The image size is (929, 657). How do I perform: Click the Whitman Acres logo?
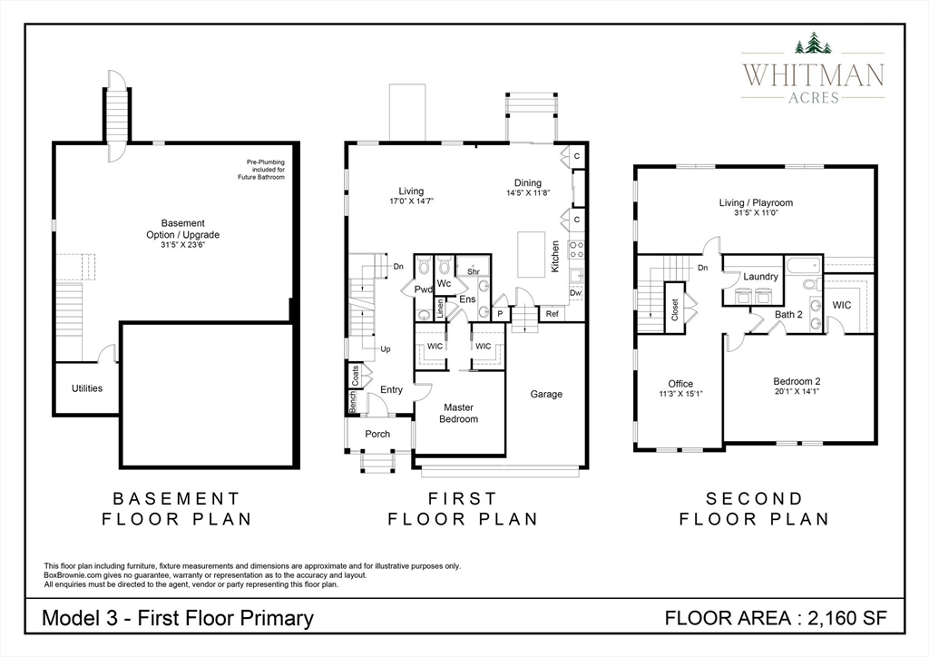point(812,68)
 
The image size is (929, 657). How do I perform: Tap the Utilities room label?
point(87,388)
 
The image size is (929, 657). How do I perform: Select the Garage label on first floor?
point(546,394)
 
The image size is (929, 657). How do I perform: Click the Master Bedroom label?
point(458,413)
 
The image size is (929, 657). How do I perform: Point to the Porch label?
point(377,434)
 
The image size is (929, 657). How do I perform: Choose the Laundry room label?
point(760,277)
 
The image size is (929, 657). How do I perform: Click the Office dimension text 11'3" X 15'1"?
point(680,394)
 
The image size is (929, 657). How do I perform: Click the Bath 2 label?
point(788,314)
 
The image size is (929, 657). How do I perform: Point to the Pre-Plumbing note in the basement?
point(265,170)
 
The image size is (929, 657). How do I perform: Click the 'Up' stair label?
point(386,348)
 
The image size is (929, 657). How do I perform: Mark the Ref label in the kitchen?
point(552,314)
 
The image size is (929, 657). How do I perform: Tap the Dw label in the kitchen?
point(575,293)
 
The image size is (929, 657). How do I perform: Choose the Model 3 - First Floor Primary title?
point(178,619)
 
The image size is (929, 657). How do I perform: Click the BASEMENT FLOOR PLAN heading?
point(177,509)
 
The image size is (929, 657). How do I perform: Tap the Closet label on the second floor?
point(674,309)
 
